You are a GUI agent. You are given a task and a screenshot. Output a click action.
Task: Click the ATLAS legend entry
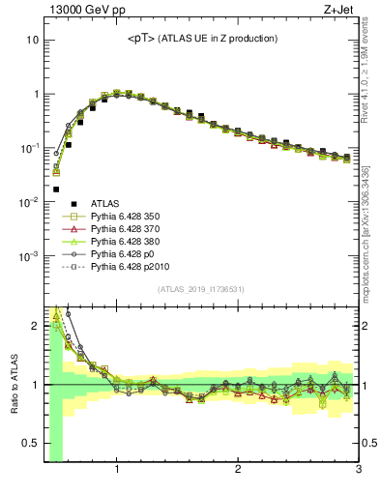pyautogui.click(x=104, y=203)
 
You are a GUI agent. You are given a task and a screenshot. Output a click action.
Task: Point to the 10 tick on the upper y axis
pyautogui.click(x=32, y=41)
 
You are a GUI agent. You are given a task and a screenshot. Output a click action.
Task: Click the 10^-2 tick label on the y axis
pyautogui.click(x=29, y=203)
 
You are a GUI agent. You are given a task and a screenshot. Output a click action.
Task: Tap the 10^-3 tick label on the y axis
pyautogui.click(x=29, y=257)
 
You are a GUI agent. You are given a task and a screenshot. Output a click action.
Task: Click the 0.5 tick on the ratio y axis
pyautogui.click(x=30, y=444)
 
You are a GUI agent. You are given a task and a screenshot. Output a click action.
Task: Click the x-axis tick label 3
pyautogui.click(x=358, y=471)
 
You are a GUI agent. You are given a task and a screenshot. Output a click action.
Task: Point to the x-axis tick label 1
pyautogui.click(x=117, y=471)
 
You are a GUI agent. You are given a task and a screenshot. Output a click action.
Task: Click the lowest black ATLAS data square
pyautogui.click(x=56, y=189)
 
